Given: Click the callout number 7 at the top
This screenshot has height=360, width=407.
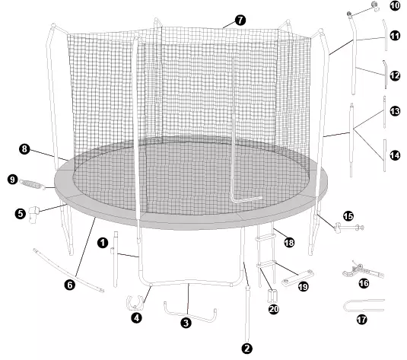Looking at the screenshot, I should point(240,21).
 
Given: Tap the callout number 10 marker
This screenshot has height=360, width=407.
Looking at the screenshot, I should point(395,6).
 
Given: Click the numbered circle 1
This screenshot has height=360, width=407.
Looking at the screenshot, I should point(101,243).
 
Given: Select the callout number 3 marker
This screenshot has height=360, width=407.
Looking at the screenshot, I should point(185,323).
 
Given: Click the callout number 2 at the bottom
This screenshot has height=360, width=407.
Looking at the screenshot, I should point(246,349).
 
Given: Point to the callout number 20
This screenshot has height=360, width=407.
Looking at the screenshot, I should point(274,309).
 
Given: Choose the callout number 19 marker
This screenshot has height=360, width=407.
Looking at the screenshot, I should point(304,287).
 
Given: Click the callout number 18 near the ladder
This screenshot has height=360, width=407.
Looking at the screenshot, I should point(288,242).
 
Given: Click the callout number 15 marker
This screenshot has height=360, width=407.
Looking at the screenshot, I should point(348,216).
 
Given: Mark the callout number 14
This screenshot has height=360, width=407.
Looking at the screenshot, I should point(395,155).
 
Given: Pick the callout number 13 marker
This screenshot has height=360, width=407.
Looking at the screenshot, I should point(395,111).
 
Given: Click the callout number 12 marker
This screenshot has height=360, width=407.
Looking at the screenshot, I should point(395,75).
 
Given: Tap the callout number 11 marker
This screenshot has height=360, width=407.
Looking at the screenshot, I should point(395,36).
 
